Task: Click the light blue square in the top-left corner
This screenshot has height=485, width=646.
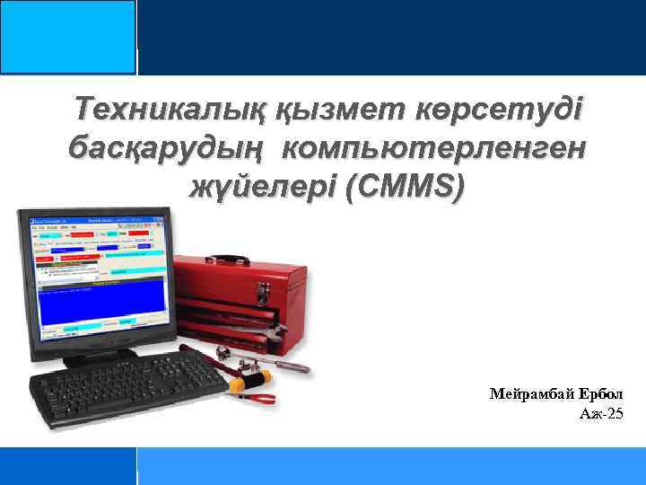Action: pos(68,37)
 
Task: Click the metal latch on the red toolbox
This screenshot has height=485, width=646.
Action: pos(265,290)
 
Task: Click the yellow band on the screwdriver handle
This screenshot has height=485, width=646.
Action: pos(237,384)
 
